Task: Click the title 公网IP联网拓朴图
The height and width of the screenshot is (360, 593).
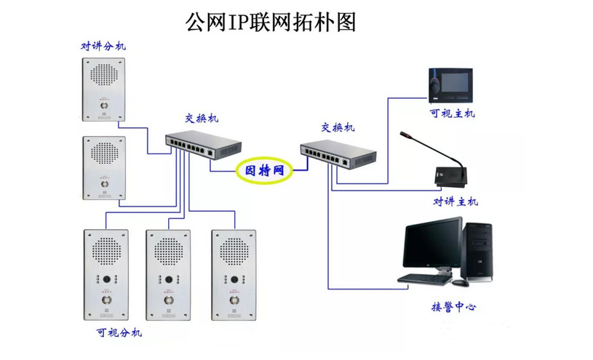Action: click(x=271, y=22)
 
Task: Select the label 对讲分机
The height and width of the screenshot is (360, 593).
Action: click(x=103, y=46)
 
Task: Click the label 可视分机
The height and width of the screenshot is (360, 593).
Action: click(x=119, y=333)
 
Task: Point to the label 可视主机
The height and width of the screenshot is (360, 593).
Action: click(x=451, y=113)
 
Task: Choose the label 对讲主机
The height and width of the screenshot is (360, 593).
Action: click(x=456, y=201)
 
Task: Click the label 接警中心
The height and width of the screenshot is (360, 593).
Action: click(x=453, y=307)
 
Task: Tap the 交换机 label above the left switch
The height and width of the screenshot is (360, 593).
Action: click(x=201, y=119)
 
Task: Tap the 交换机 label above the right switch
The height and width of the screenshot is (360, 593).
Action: click(x=338, y=127)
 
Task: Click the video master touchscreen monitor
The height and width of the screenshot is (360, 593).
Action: click(x=450, y=84)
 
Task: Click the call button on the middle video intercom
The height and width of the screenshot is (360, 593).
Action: click(x=169, y=300)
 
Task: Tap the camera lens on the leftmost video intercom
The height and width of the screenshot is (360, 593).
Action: click(x=106, y=279)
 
